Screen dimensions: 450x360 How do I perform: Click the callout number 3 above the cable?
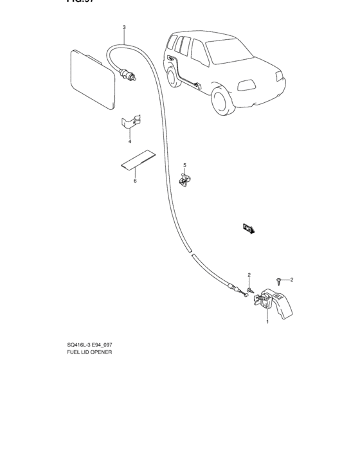coord(124,28)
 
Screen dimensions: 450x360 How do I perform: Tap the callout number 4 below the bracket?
coord(129,141)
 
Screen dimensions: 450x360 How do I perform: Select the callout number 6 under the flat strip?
coord(135,181)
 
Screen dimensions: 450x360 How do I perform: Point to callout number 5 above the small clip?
coord(184,165)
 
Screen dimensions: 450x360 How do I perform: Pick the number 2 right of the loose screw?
coord(291,280)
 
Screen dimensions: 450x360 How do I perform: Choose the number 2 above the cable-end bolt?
coord(249,274)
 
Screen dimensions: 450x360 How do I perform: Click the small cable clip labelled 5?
coord(184,181)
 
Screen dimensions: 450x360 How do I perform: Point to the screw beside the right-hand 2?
coord(278,280)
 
